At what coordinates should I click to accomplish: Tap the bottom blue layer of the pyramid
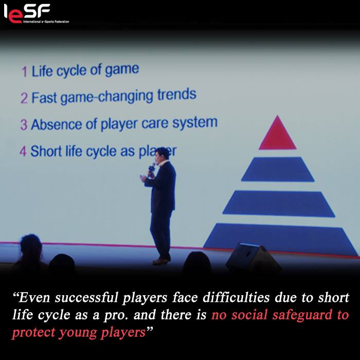(281, 240)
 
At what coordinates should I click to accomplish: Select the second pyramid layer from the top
(278, 169)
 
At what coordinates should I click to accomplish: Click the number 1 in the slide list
(25, 71)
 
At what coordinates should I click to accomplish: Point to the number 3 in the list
(24, 124)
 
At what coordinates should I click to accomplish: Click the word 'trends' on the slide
(177, 94)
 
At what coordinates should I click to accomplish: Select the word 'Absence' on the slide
(57, 124)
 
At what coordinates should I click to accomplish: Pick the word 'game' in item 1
(122, 70)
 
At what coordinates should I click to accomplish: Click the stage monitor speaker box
(253, 258)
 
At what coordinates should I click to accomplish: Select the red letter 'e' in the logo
(15, 17)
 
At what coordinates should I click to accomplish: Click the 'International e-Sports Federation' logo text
(46, 22)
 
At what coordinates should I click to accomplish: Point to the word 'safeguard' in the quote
(302, 315)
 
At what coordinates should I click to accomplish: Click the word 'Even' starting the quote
(34, 297)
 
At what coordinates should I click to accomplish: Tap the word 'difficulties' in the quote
(236, 297)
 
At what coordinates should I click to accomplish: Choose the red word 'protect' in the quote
(33, 333)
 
